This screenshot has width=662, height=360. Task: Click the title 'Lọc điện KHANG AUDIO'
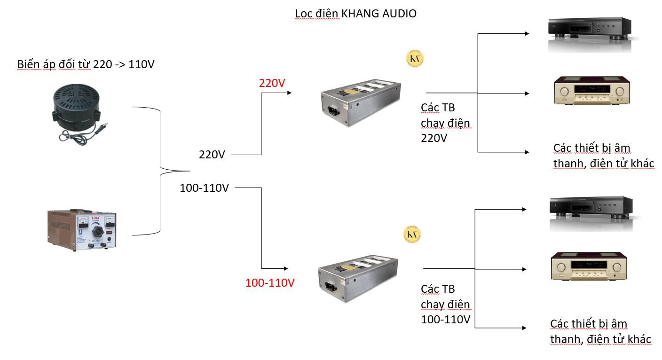click(355, 14)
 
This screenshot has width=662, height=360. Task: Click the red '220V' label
click(272, 83)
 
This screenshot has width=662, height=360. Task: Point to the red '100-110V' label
click(270, 283)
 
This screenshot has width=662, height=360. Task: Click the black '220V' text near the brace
click(212, 154)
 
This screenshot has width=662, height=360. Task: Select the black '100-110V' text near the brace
click(204, 188)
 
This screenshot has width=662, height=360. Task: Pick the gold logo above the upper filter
click(415, 59)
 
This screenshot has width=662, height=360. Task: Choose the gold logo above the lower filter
click(412, 234)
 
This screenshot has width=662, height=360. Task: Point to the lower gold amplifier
click(591, 266)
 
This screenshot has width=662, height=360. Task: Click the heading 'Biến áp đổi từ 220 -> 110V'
click(86, 64)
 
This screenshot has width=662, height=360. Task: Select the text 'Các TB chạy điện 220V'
click(445, 123)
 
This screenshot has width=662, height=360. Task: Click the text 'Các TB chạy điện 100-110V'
click(445, 304)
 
